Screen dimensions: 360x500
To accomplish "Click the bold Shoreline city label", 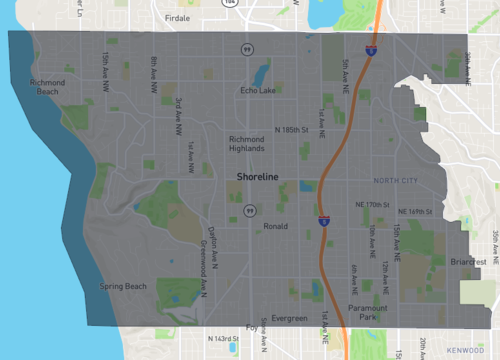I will [257, 177].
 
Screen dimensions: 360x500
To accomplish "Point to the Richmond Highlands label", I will [247, 143].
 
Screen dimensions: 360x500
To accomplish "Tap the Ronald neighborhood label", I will [275, 226].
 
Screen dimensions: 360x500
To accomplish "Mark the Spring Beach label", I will [123, 287].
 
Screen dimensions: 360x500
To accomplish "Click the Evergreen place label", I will [289, 318].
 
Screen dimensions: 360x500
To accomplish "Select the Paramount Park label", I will [367, 313].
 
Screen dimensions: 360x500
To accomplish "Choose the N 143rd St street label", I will [222, 339].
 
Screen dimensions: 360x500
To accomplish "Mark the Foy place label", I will [252, 327].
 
